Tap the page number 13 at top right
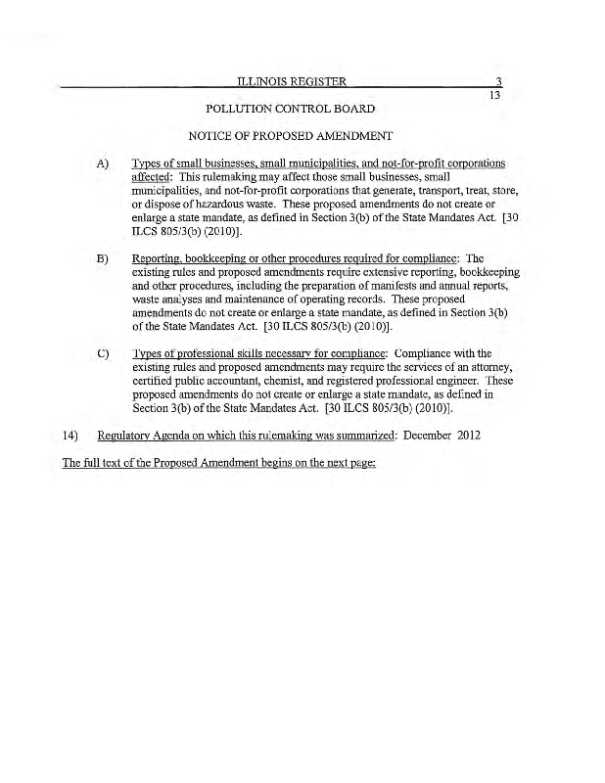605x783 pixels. coord(494,95)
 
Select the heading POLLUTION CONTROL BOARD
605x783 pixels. coord(291,108)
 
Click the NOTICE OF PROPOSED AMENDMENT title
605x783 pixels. coord(291,135)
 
